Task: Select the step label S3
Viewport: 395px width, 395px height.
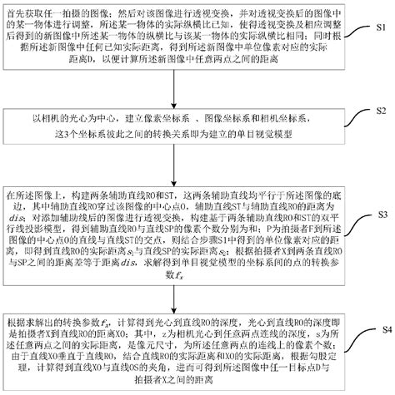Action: pyautogui.click(x=379, y=215)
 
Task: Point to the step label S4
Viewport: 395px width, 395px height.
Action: pyautogui.click(x=379, y=328)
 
